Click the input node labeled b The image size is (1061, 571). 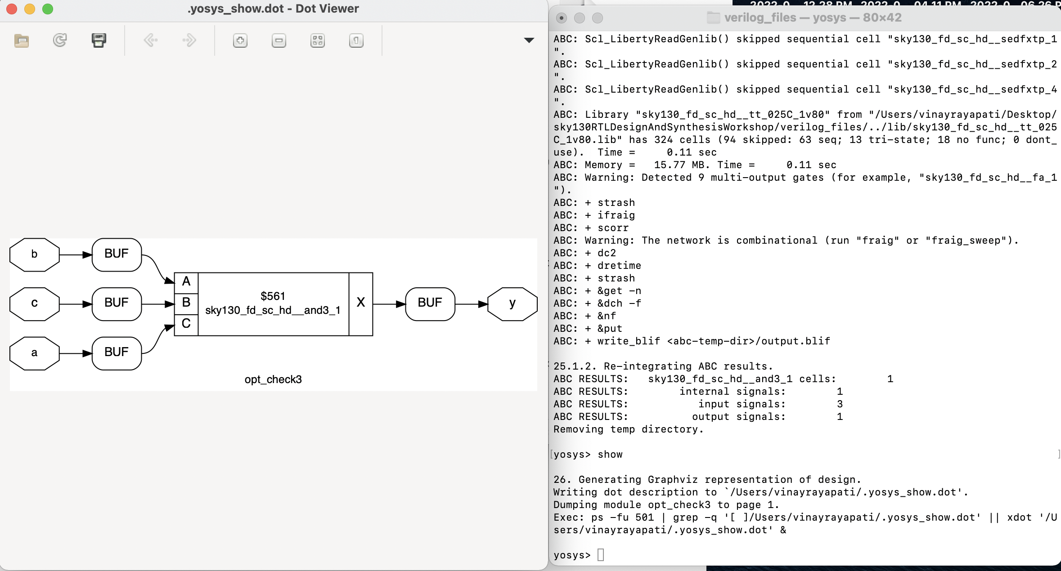tap(34, 254)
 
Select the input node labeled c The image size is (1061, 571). tap(34, 304)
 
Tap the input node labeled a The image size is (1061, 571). tap(34, 353)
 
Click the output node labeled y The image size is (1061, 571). tap(512, 304)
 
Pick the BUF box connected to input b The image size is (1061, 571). tap(117, 254)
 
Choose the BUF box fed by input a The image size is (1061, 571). tap(117, 353)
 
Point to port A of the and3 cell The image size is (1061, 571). tap(186, 282)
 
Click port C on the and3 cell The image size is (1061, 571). tap(186, 324)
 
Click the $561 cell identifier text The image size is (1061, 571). tap(273, 296)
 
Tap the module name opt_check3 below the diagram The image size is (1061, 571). tap(273, 379)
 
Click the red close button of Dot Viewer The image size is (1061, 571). tap(12, 9)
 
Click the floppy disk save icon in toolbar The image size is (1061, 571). tap(99, 40)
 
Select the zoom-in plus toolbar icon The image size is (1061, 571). tap(240, 41)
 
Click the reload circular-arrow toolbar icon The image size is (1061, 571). tap(60, 40)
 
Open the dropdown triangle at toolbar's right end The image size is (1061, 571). tap(529, 40)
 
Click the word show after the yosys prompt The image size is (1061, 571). tap(610, 455)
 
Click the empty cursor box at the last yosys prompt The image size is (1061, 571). tap(601, 555)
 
